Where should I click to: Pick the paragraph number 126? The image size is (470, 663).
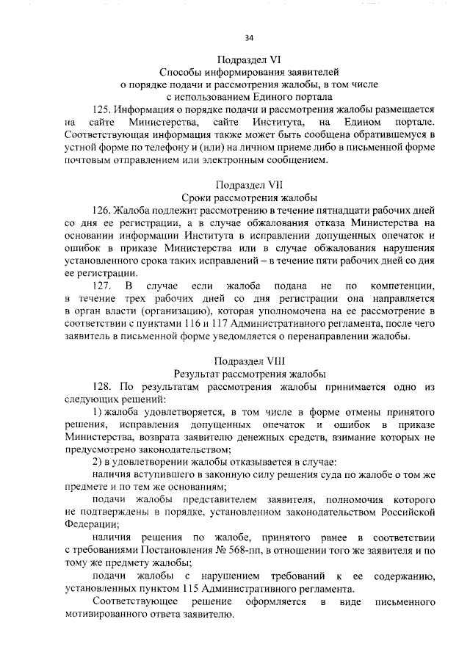104,211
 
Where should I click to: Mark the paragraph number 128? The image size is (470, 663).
104,386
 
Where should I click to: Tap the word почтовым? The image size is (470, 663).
90,160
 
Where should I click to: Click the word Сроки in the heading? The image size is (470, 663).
197,198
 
